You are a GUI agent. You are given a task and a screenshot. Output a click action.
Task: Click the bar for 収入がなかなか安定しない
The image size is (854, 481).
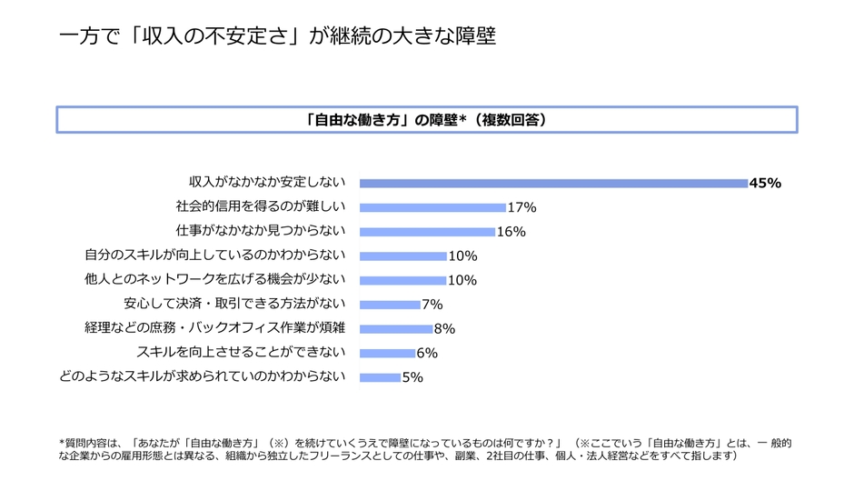(x=553, y=183)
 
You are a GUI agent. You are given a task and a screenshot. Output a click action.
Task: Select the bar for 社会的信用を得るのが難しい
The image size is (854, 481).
(x=432, y=207)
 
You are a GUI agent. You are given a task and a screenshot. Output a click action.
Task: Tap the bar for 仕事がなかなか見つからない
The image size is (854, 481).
(x=427, y=232)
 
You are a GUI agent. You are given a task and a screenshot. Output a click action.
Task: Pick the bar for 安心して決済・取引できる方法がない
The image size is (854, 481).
(x=390, y=305)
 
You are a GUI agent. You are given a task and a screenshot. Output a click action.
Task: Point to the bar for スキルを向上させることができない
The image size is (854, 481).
(x=387, y=353)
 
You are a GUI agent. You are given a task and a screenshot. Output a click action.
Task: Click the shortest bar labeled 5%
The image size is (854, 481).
(x=380, y=377)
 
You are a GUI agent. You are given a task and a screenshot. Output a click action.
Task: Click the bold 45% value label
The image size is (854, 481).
(x=765, y=183)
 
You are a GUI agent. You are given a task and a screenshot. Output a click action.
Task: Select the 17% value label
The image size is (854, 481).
(x=521, y=207)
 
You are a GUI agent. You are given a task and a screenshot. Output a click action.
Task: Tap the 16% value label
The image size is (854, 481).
(x=511, y=232)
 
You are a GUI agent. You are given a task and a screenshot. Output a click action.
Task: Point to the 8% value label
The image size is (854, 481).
(x=444, y=329)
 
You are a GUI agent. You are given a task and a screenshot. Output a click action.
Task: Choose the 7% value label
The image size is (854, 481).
(x=432, y=305)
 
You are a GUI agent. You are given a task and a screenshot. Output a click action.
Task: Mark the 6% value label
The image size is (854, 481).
(x=427, y=353)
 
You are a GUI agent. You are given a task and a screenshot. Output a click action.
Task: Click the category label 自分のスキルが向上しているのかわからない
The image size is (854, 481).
(x=214, y=256)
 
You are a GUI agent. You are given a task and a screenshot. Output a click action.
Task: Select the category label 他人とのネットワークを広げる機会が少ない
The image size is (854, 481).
(x=214, y=280)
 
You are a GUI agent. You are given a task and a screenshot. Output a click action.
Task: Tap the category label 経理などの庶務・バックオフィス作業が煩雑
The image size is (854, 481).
(x=214, y=328)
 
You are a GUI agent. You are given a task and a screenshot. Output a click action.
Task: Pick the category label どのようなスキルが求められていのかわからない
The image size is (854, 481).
(x=202, y=376)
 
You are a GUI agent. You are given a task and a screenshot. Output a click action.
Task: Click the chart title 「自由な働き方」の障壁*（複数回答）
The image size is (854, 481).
(x=426, y=120)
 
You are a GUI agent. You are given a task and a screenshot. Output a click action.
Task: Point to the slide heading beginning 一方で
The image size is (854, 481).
(x=277, y=36)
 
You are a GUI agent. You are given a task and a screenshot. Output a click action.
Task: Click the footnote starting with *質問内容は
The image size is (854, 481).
(x=425, y=449)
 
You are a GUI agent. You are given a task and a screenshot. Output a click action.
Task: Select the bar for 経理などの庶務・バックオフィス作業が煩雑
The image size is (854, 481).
(x=396, y=329)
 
